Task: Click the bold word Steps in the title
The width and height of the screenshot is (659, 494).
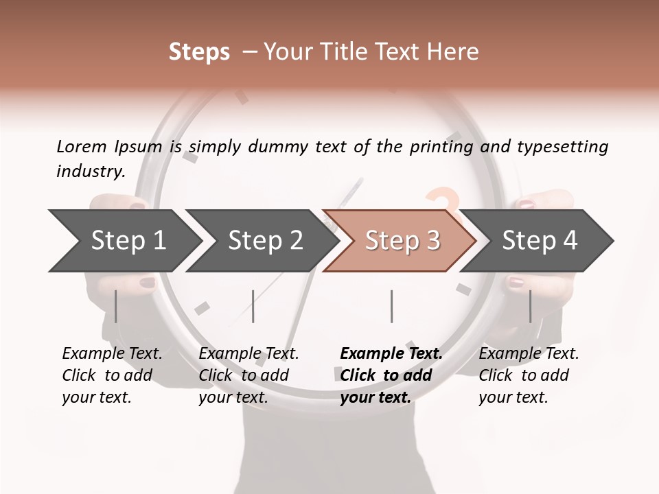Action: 199,52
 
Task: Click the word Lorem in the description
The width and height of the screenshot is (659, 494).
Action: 81,146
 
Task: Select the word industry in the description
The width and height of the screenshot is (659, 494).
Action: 90,172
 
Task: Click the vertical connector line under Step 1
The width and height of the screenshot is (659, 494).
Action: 116,306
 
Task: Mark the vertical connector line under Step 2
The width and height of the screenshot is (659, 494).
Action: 253,306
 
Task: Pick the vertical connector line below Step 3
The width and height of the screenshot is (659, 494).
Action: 391,306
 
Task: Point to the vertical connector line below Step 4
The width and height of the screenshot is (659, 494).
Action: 530,306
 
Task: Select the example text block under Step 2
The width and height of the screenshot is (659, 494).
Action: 248,375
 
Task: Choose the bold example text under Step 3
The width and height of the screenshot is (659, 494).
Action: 391,375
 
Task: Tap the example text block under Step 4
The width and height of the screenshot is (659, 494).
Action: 528,375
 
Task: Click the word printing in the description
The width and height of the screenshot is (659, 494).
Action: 443,147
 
